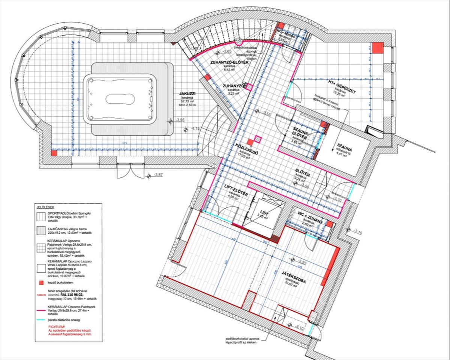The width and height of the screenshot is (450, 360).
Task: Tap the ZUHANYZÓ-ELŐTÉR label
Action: (x=229, y=62)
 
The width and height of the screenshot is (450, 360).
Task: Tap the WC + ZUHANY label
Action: (x=310, y=218)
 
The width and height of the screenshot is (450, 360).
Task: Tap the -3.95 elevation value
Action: (x=180, y=120)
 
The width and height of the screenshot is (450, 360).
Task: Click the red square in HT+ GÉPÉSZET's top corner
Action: (x=378, y=47)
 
